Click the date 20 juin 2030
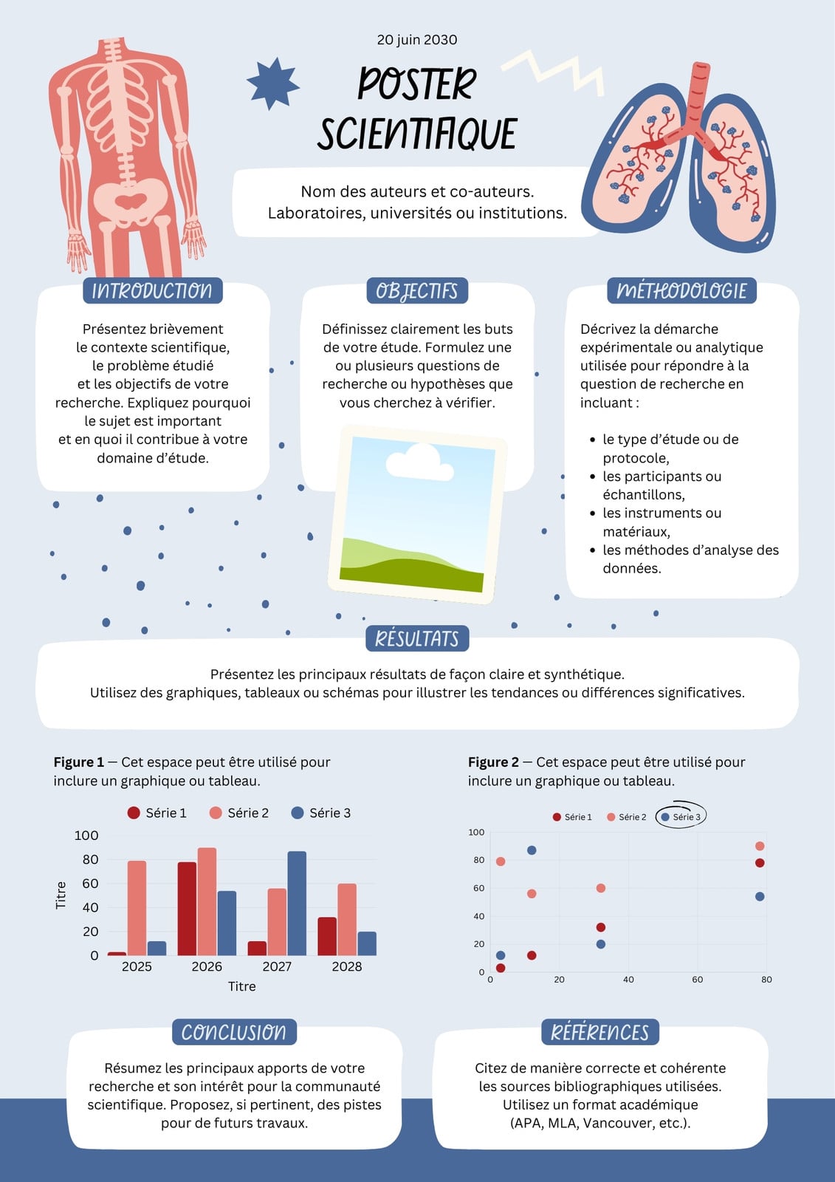(x=416, y=40)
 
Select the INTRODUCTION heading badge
(x=152, y=291)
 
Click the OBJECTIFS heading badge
(x=417, y=291)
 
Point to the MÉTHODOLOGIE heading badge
(x=681, y=291)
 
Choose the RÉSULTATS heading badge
(x=417, y=638)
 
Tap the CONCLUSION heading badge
(x=234, y=1031)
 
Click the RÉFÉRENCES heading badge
(x=599, y=1031)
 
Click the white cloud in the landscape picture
(x=419, y=462)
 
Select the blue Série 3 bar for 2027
(x=297, y=903)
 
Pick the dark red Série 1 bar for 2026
(x=187, y=909)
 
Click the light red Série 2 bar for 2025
(x=137, y=908)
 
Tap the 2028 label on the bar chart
(x=346, y=967)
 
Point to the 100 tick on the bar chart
(x=86, y=836)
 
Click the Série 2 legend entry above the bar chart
(x=239, y=813)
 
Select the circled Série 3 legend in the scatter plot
(x=681, y=817)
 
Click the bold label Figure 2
(x=493, y=762)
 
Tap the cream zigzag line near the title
(x=554, y=73)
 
